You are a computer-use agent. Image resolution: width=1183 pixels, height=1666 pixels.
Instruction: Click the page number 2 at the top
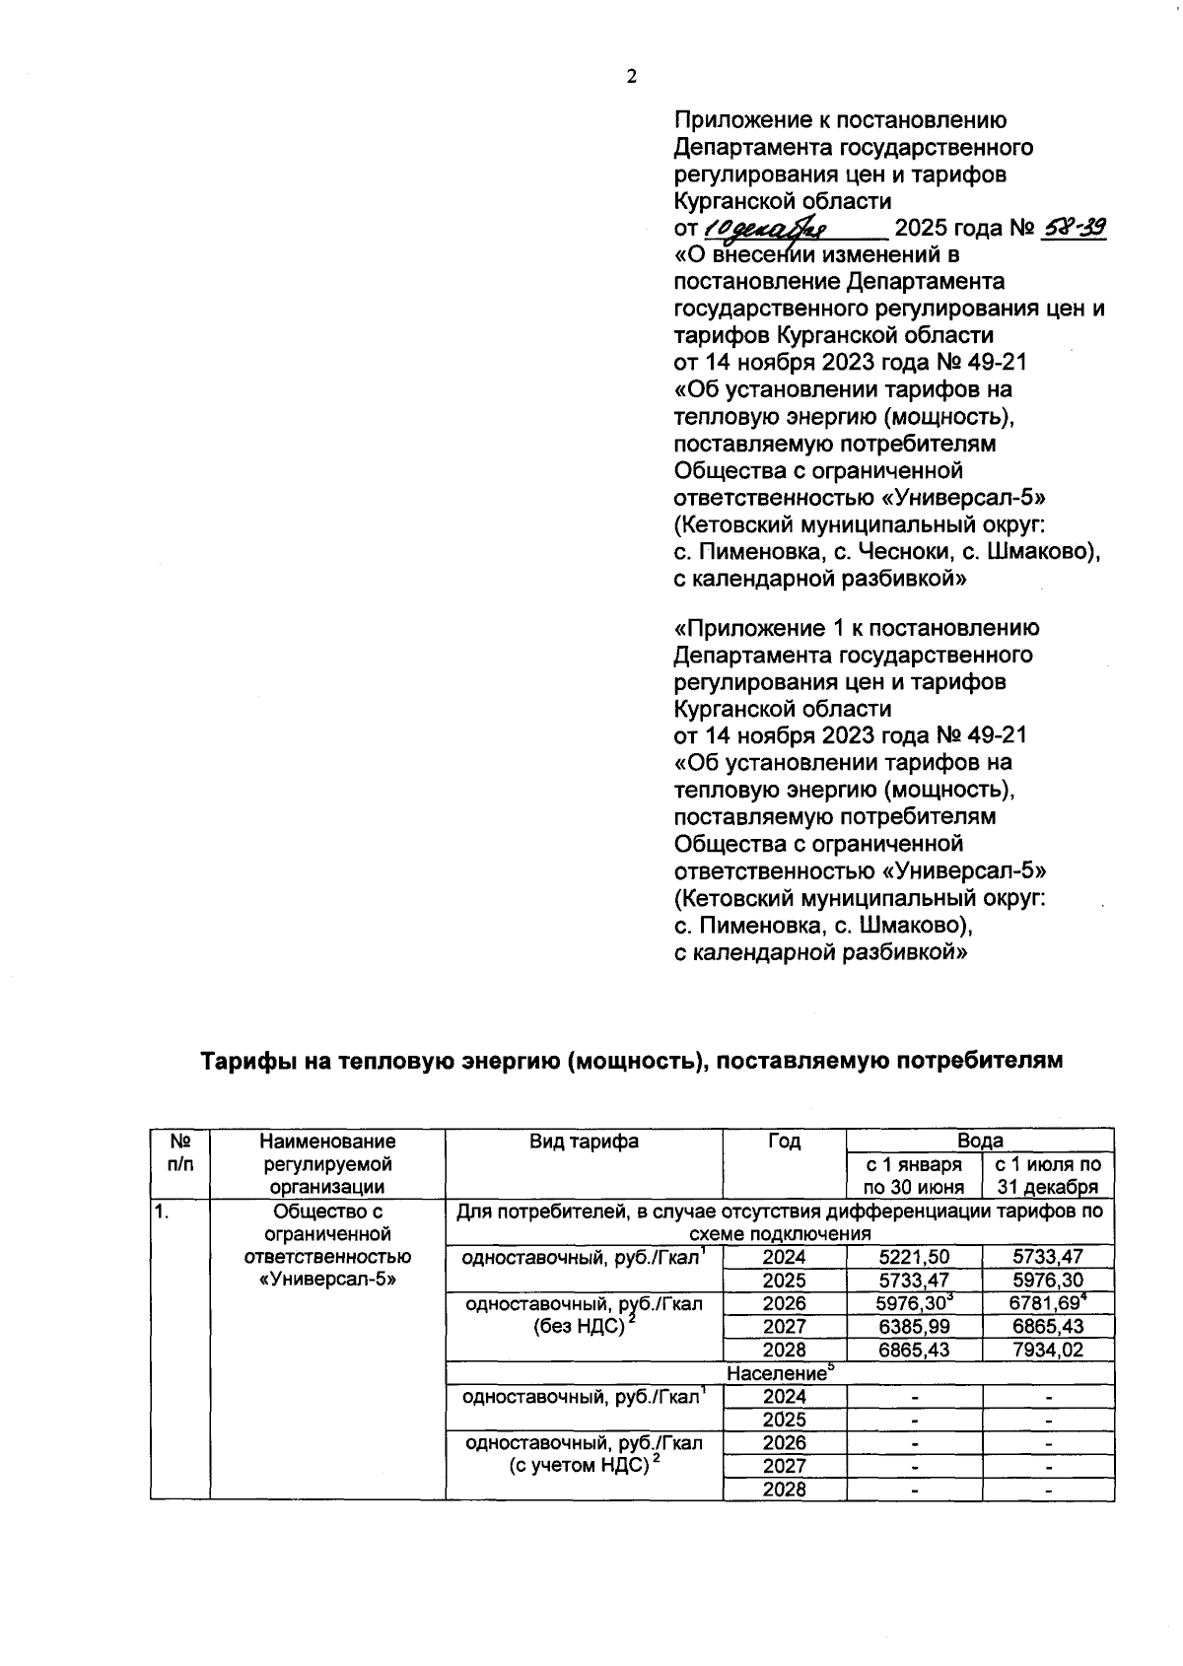click(x=631, y=77)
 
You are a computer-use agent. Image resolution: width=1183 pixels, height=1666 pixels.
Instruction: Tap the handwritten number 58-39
click(x=1073, y=229)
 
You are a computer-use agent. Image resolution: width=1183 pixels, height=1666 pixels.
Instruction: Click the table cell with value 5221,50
click(x=913, y=1257)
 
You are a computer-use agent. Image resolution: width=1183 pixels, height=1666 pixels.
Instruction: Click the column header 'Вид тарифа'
click(x=584, y=1142)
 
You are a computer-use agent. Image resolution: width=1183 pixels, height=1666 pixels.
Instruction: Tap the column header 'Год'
click(x=784, y=1142)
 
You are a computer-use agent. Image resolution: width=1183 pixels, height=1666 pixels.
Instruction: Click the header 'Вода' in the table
click(x=979, y=1141)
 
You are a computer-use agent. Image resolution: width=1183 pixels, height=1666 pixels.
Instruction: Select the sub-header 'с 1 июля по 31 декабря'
click(x=1048, y=1175)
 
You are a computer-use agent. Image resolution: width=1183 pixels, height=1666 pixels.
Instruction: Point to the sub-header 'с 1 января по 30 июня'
click(x=913, y=1175)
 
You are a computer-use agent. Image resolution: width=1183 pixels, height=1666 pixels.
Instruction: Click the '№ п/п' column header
click(x=179, y=1152)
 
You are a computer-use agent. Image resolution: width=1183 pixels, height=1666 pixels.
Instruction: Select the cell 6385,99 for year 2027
click(x=913, y=1327)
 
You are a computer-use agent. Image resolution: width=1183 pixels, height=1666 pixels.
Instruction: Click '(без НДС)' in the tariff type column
click(x=584, y=1327)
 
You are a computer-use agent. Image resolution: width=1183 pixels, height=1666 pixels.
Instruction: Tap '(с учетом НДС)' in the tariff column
click(x=584, y=1466)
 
